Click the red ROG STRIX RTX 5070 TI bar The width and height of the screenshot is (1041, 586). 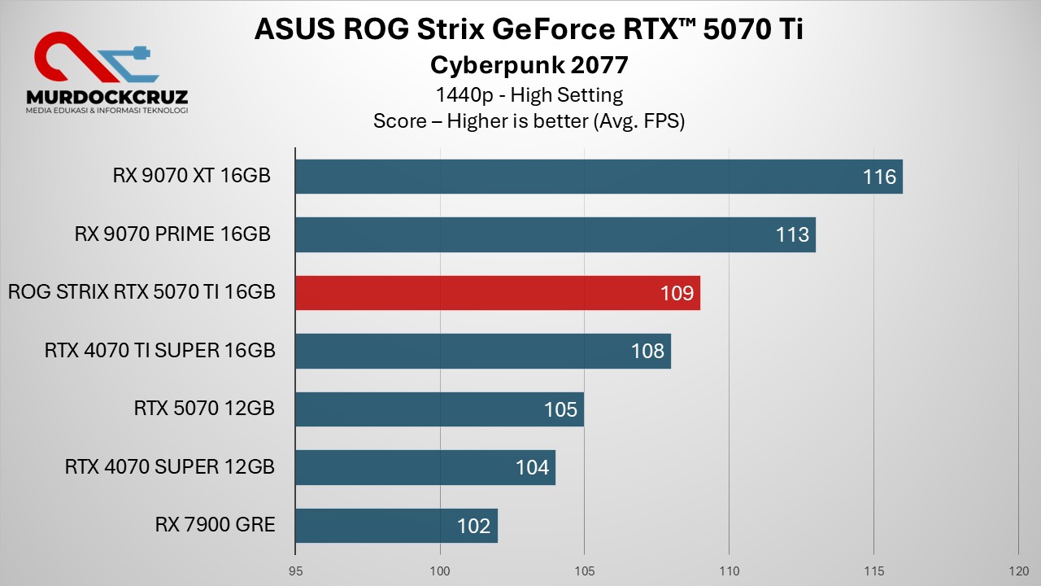click(x=497, y=293)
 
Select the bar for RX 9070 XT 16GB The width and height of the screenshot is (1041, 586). click(x=599, y=177)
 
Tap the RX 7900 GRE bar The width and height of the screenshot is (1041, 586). click(x=396, y=526)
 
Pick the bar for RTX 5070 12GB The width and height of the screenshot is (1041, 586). click(x=439, y=409)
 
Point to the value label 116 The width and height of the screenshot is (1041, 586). click(x=880, y=177)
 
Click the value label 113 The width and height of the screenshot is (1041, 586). click(x=793, y=235)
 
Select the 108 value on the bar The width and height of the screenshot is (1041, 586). click(x=648, y=352)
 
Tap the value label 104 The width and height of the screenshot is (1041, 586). click(x=533, y=468)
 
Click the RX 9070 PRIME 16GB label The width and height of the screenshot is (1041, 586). click(x=172, y=234)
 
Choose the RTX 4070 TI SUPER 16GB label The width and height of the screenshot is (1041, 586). click(x=160, y=351)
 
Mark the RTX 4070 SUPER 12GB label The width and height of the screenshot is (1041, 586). click(x=170, y=467)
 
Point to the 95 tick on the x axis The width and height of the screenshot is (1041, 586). click(x=295, y=571)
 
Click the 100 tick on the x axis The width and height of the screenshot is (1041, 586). click(x=440, y=571)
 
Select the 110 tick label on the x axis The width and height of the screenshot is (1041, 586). click(x=730, y=571)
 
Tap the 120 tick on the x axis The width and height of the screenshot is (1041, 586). click(x=1018, y=571)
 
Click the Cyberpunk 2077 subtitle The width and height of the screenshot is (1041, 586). click(x=529, y=64)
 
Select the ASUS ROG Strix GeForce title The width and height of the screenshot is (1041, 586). click(x=529, y=28)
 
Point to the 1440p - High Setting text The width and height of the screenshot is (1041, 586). click(x=529, y=94)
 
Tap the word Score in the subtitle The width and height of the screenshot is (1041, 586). click(x=401, y=121)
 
